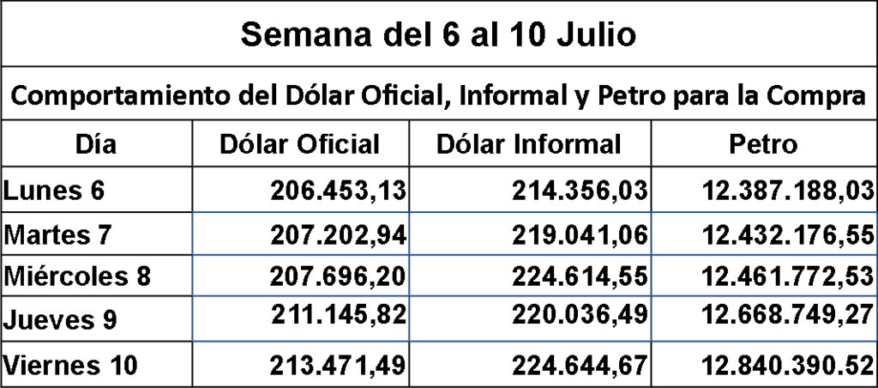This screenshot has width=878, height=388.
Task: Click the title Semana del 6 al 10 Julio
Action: tap(438, 34)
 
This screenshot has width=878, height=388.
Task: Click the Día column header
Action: tap(96, 144)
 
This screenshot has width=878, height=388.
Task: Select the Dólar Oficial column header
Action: tap(299, 144)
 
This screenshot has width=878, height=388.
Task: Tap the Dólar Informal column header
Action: tap(528, 144)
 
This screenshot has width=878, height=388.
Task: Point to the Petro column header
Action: tap(762, 144)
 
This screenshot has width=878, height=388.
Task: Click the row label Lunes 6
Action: tap(54, 191)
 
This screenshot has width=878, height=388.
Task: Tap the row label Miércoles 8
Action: tap(77, 276)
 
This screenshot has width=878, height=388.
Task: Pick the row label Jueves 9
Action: tap(60, 319)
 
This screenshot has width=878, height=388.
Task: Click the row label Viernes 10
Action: tap(70, 366)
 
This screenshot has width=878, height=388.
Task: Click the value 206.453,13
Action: tap(338, 191)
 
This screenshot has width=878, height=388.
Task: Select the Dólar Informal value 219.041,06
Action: tap(580, 234)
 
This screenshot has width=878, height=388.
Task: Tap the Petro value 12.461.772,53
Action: tap(788, 276)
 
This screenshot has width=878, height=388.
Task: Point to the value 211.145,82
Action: tap(339, 315)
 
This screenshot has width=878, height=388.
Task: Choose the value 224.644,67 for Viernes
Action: tap(580, 366)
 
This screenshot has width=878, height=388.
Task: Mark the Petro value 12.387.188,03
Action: tap(788, 191)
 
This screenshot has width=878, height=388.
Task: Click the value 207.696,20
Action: tap(338, 276)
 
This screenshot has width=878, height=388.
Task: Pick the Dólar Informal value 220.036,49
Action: tap(580, 315)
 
